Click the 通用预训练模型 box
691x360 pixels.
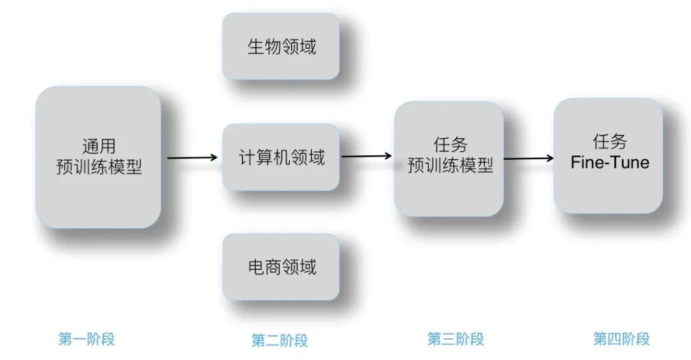[x=98, y=157]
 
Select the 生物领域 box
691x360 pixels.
[x=280, y=46]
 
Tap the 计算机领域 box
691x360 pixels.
[x=281, y=157]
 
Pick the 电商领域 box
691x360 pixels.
[x=280, y=267]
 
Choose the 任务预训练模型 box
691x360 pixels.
[x=449, y=158]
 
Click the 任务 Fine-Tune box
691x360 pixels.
[x=608, y=155]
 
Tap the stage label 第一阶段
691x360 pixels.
[x=86, y=339]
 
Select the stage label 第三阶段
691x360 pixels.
[x=456, y=339]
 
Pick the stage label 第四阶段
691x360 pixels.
[x=621, y=339]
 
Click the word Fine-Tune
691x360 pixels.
[x=610, y=162]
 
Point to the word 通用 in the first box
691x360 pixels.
[x=99, y=146]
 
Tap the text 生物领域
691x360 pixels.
[x=282, y=47]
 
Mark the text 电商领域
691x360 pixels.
[x=282, y=267]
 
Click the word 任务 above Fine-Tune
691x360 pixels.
[x=609, y=141]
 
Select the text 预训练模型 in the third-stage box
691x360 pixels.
[x=450, y=166]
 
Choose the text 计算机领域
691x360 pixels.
[x=282, y=157]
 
